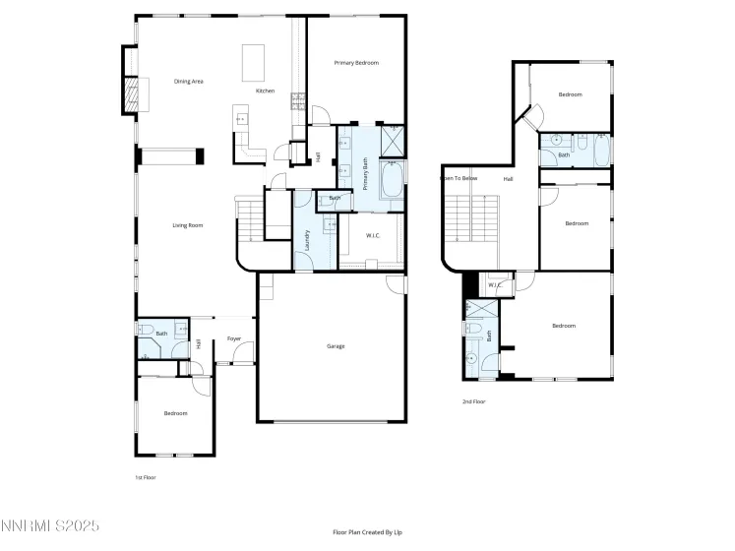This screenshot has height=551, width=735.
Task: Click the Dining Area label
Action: (x=188, y=82)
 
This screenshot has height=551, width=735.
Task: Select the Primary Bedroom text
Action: (x=355, y=62)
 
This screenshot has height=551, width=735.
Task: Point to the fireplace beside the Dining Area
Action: (x=130, y=93)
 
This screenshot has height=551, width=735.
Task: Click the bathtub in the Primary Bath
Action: (x=391, y=181)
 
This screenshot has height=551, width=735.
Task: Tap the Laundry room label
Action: (x=307, y=242)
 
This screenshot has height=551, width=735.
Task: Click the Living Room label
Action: (x=187, y=225)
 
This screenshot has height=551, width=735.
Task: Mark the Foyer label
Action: (x=234, y=338)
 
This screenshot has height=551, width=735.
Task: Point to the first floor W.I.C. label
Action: (x=373, y=235)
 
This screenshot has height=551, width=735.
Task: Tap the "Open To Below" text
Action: (x=459, y=178)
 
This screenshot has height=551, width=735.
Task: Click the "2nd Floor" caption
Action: (x=473, y=401)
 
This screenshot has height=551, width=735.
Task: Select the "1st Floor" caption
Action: (x=145, y=476)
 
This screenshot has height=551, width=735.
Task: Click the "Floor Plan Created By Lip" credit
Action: (x=367, y=532)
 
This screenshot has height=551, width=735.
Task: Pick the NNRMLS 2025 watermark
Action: (x=50, y=527)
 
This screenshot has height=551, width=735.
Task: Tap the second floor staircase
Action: (x=472, y=216)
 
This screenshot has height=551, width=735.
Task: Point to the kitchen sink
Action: (x=242, y=120)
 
